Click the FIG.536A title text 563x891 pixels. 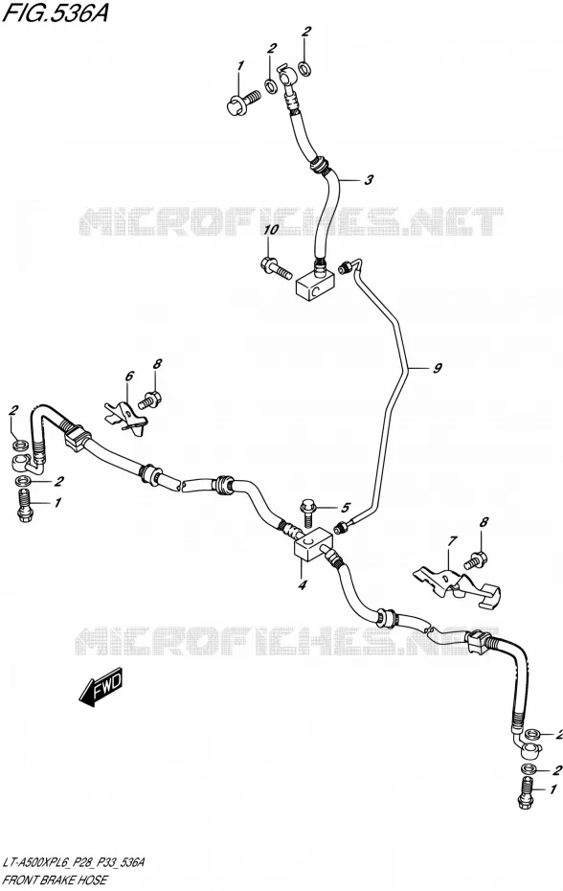(56, 12)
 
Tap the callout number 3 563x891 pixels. (369, 181)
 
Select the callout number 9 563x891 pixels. (437, 368)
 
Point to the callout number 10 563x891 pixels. (271, 231)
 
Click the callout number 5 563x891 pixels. (346, 508)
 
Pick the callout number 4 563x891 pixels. (302, 584)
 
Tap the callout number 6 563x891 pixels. (129, 376)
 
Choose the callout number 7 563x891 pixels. (451, 542)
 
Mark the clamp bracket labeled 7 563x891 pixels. (458, 585)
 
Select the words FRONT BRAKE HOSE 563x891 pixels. (55, 880)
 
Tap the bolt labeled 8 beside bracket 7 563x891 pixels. (475, 560)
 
